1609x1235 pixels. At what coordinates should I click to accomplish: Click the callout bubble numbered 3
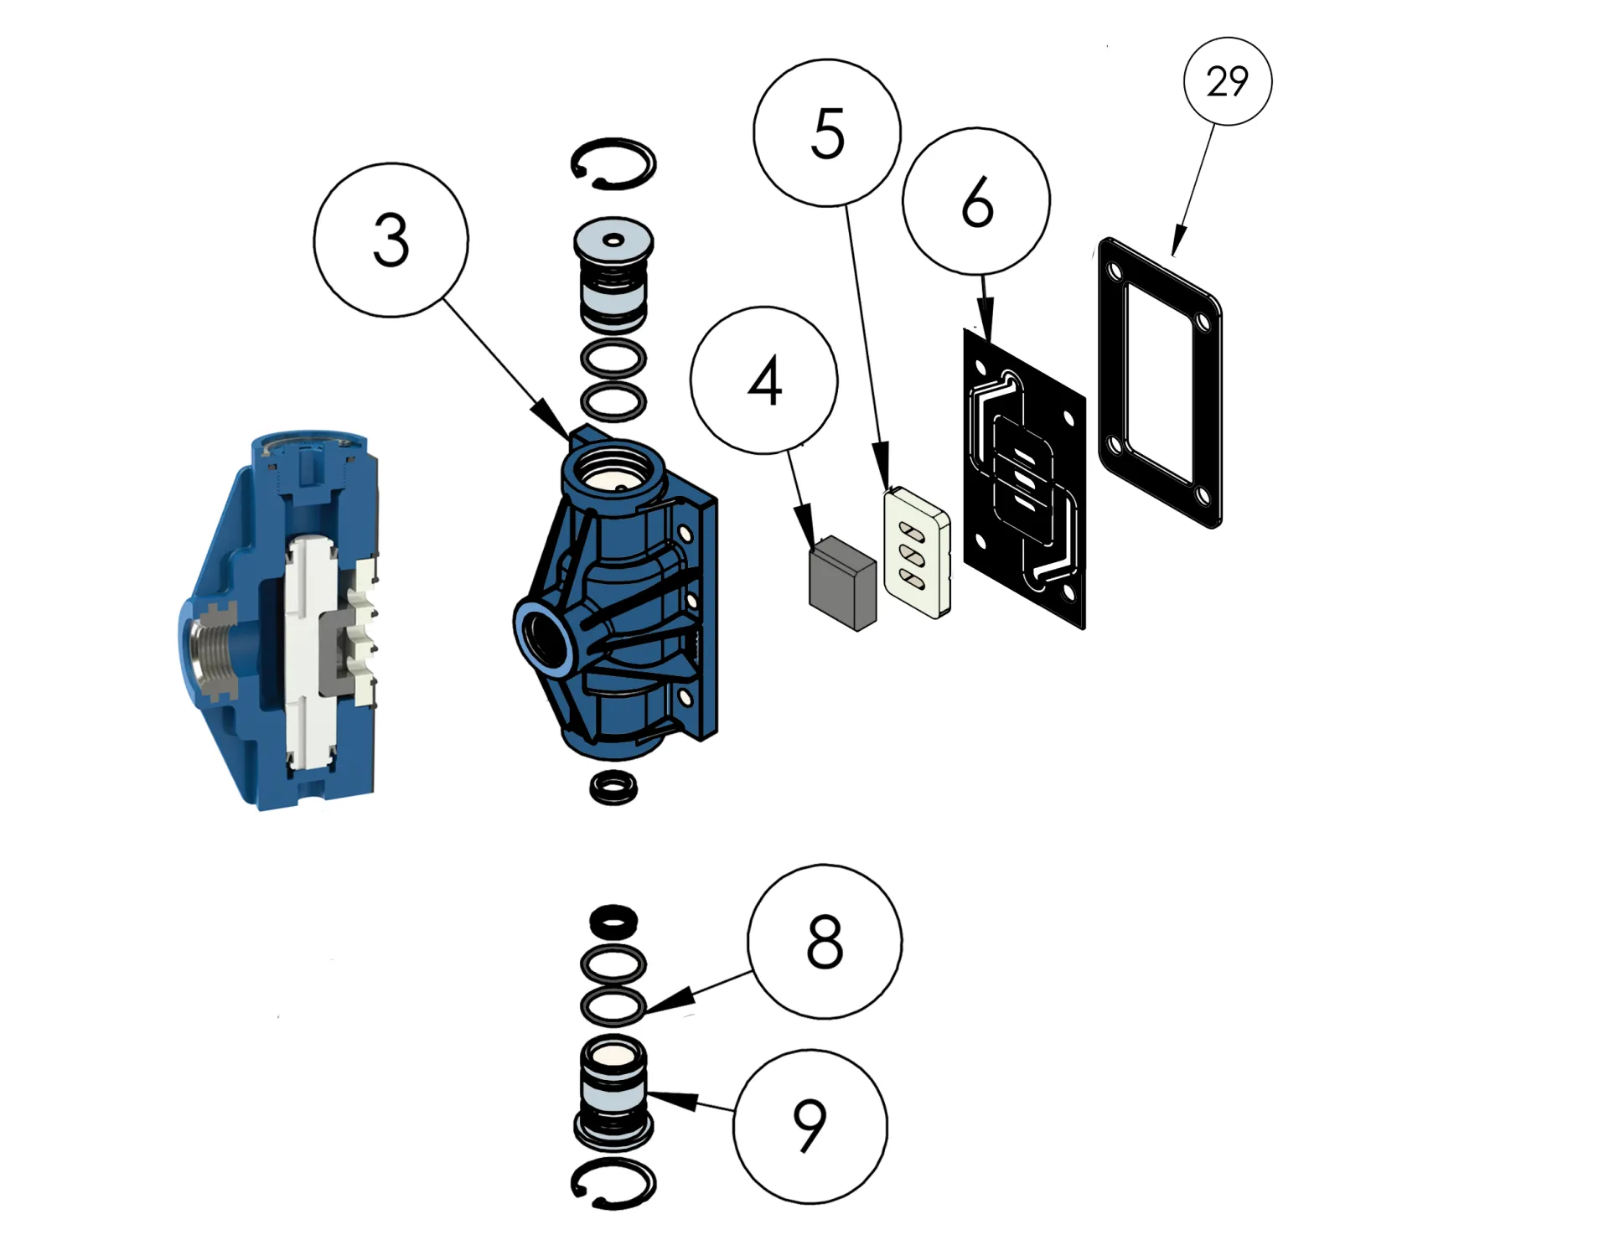coord(391,240)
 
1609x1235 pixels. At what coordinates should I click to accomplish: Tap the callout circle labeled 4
coord(763,380)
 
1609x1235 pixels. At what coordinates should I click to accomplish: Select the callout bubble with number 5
coord(827,132)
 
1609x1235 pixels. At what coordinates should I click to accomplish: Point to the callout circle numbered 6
coord(976,201)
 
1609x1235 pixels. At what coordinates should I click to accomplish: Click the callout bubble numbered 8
coord(825,942)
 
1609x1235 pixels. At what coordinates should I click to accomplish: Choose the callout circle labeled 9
coord(810,1126)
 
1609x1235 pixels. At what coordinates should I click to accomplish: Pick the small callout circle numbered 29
coord(1228,81)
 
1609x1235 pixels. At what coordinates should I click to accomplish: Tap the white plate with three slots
coord(917,554)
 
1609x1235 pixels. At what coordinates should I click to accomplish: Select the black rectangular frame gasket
coord(1160,382)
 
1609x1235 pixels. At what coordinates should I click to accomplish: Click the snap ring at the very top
coord(613,163)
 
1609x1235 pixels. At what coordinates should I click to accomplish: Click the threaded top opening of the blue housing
coord(613,469)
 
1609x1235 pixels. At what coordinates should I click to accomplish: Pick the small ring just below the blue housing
coord(613,788)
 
